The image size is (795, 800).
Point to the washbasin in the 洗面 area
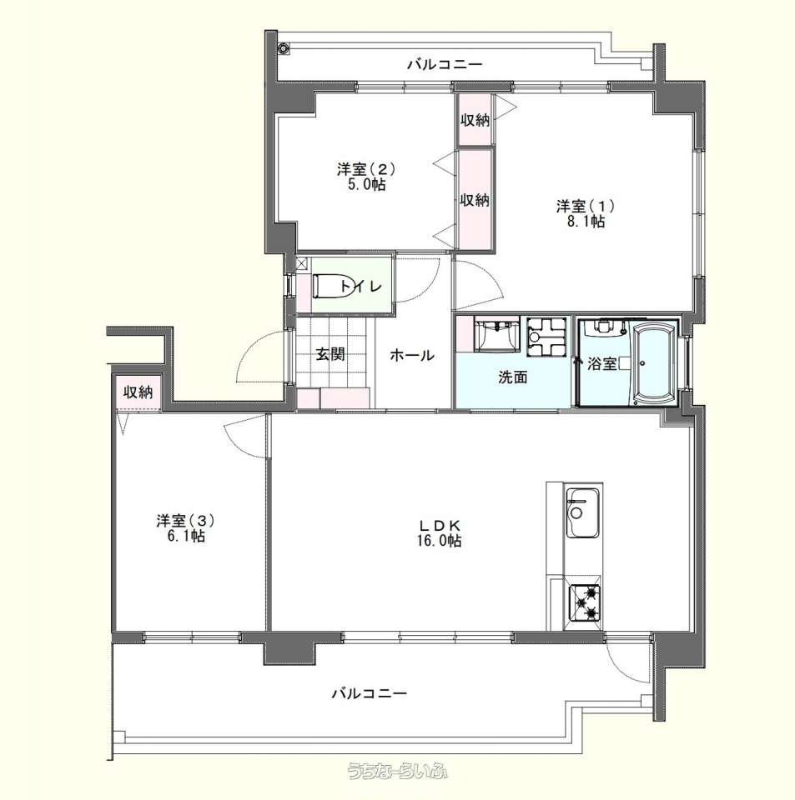click(x=496, y=335)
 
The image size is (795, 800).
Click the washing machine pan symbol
click(x=547, y=336)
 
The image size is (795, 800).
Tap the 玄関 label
click(x=330, y=354)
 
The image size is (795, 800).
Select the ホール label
click(x=412, y=355)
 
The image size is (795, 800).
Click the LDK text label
click(x=440, y=525)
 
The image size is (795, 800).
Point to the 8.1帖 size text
click(x=586, y=222)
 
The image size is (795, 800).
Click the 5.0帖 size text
click(x=366, y=184)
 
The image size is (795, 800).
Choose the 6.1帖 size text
click(x=186, y=536)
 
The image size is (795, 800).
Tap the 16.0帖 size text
click(x=440, y=541)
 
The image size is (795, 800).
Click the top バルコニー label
click(x=445, y=65)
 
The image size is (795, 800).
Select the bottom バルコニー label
click(x=370, y=693)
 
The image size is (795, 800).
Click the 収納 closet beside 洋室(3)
click(x=138, y=392)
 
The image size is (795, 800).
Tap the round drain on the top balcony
click(x=284, y=49)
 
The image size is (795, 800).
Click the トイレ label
click(x=361, y=286)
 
